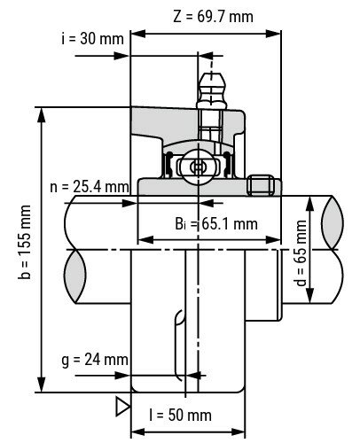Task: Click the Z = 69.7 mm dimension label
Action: pyautogui.click(x=214, y=15)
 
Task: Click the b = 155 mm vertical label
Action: pyautogui.click(x=24, y=251)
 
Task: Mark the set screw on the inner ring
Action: pyautogui.click(x=261, y=185)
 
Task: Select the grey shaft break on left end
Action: pyautogui.click(x=74, y=267)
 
